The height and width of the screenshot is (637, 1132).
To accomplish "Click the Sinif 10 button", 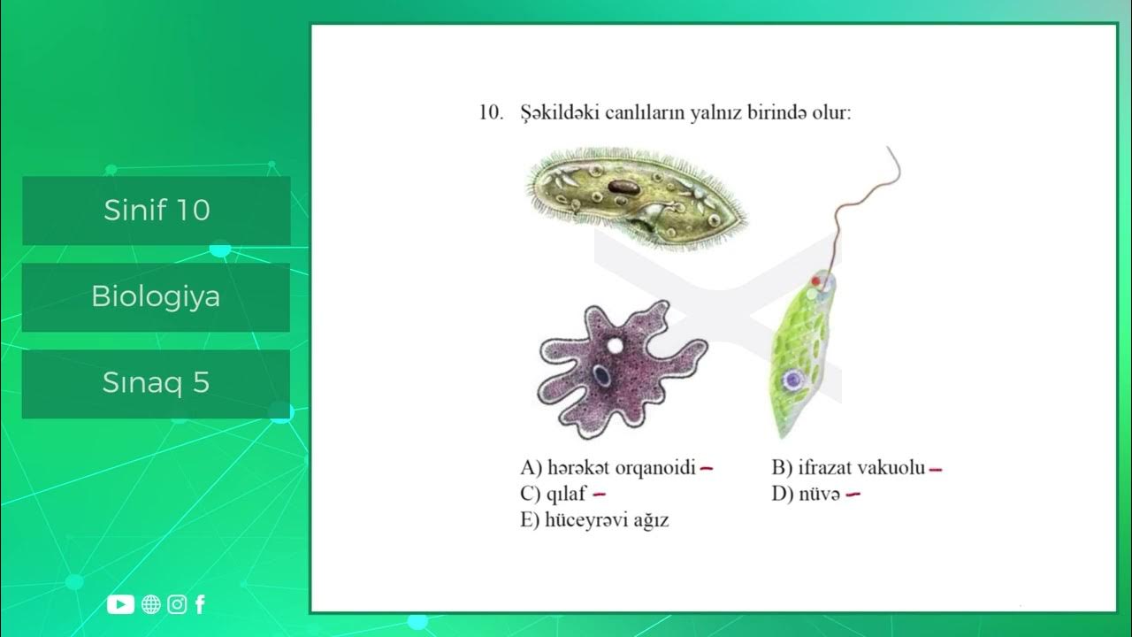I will pos(157,211).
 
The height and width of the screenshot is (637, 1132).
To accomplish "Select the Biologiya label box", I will pos(156,297).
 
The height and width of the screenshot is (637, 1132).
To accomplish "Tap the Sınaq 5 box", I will pos(156,383).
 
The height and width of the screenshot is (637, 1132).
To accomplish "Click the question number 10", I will pos(491,113).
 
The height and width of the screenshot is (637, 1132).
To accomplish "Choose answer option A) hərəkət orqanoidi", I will pos(608,467).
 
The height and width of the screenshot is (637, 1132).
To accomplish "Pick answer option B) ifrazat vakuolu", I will pos(848,467).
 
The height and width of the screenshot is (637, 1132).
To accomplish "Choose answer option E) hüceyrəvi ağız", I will pos(594,520).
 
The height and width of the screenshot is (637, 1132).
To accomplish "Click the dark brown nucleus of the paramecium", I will pos(623,188).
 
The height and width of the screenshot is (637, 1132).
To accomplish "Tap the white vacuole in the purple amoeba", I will pos(613,345).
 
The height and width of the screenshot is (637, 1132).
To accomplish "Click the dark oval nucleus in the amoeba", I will pos(601,376).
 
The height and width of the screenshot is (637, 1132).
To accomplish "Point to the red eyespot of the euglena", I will pos(815,280).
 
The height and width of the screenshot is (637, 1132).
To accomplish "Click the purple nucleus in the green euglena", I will pos(792,380).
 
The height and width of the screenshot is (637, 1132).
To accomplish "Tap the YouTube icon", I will pos(120,604).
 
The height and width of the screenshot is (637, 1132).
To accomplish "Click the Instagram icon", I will pos(178,604).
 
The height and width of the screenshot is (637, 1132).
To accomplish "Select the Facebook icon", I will pos(200,604).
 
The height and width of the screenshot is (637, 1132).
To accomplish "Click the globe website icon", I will pos(151,604).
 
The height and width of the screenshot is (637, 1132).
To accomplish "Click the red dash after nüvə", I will pos(853,495).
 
